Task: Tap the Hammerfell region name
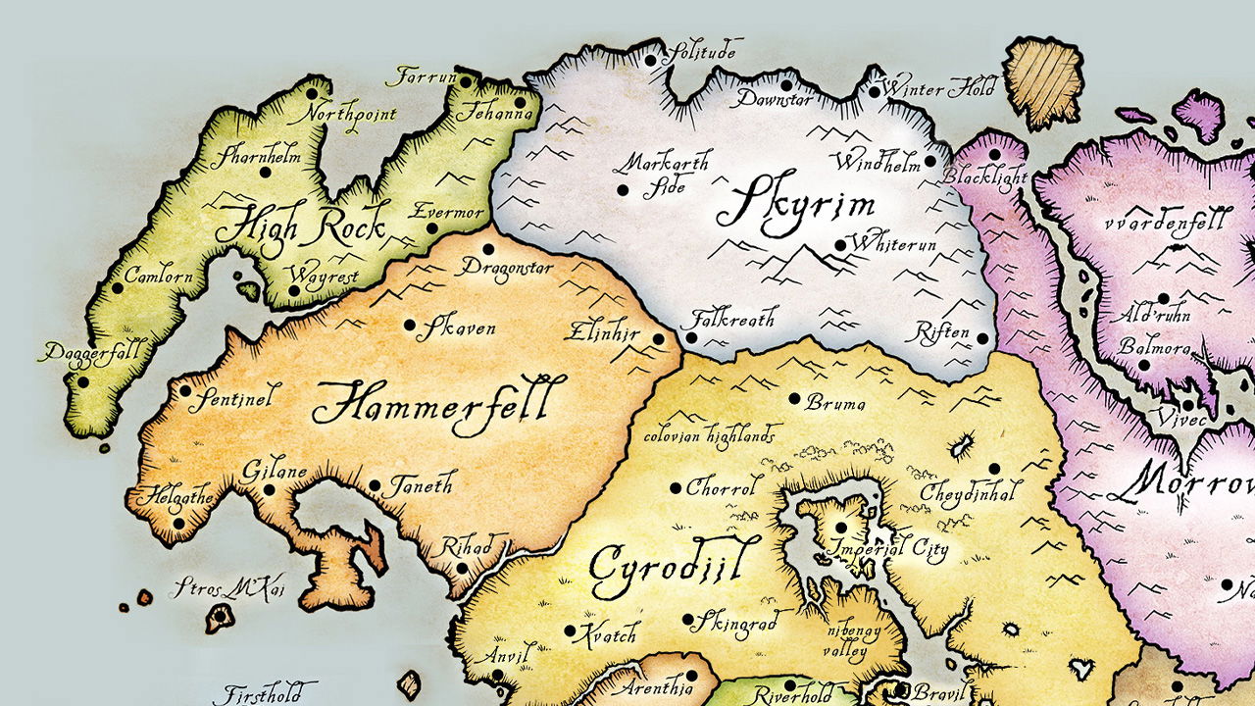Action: coord(440,402)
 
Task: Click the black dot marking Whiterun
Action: coord(839,245)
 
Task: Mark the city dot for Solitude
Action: coord(650,61)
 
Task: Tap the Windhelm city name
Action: coord(877,160)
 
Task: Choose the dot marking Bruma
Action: coord(794,398)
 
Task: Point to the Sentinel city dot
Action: coord(185,390)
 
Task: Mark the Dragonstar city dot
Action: coord(488,250)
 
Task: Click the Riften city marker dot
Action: coord(983,337)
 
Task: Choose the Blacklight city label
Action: coord(984,177)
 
